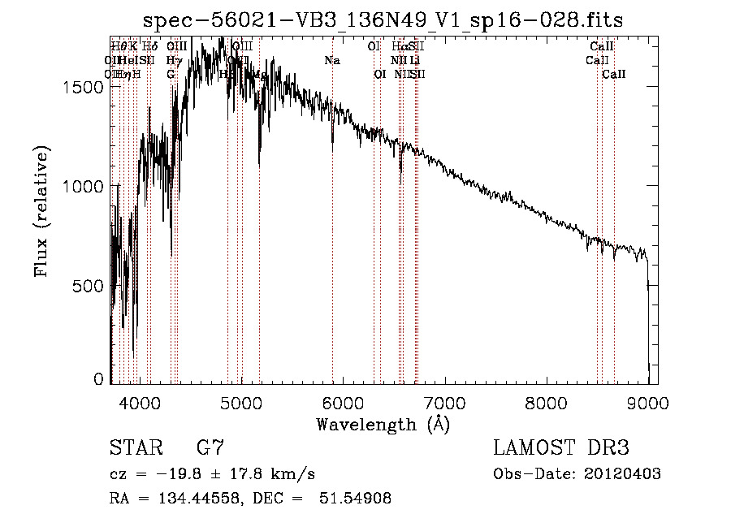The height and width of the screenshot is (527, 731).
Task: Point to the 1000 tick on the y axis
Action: click(84, 186)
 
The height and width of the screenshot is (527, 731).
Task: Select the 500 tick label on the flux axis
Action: click(89, 286)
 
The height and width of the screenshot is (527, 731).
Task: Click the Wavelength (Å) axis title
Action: click(383, 424)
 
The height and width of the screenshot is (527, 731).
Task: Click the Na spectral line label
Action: click(331, 60)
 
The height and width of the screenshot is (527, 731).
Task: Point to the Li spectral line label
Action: click(415, 60)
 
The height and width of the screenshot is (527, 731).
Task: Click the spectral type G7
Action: click(210, 448)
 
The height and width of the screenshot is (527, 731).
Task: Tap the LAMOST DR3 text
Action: click(561, 448)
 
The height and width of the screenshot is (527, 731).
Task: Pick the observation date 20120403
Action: click(621, 474)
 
